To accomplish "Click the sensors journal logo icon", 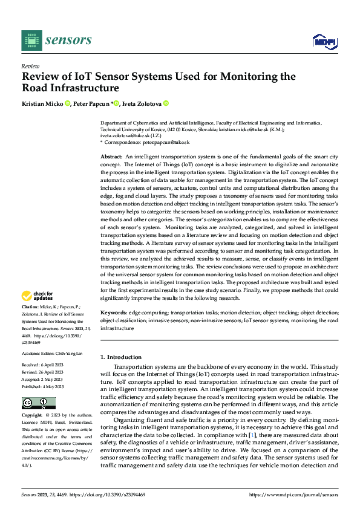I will click(x=31, y=40).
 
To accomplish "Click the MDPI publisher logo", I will click(x=324, y=41).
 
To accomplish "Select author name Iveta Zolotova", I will click(x=141, y=104).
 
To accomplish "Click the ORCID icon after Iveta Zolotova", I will click(x=165, y=104).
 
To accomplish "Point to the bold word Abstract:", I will click(x=111, y=156).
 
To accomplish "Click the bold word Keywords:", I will click(x=114, y=313).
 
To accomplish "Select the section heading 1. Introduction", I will click(x=120, y=357).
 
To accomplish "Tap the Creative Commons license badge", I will click(x=38, y=403).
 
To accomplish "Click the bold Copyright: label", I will click(x=33, y=416).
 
